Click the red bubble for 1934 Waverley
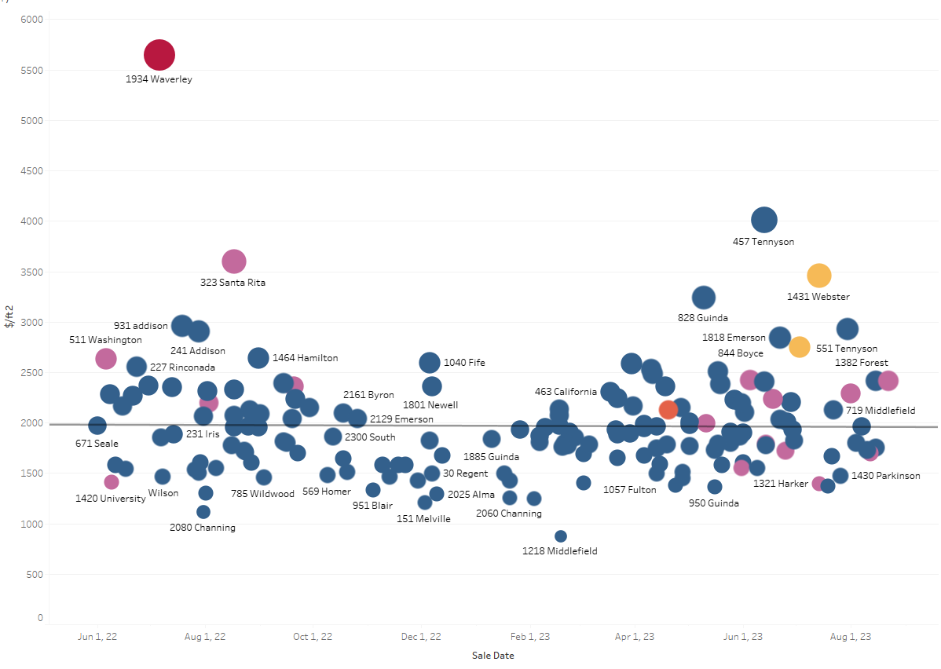coord(159,55)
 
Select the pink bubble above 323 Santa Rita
coord(234,261)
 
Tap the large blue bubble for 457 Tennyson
coord(764,220)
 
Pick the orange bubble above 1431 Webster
coord(819,276)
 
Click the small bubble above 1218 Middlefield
coord(561,536)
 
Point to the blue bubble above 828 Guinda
coord(704,297)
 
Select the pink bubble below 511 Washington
coord(105,359)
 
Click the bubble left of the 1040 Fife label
coord(430,363)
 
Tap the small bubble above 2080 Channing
coord(203,512)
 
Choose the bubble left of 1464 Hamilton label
coord(258,358)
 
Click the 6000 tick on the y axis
coord(31,19)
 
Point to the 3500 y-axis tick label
coord(31,272)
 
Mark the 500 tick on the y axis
coord(35,574)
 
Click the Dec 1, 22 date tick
coord(421,637)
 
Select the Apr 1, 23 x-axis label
coord(635,637)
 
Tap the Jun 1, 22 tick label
coord(97,637)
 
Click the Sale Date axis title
coord(492,655)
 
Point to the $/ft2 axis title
coord(9,316)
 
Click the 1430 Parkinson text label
coord(886,476)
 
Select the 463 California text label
coord(566,392)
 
